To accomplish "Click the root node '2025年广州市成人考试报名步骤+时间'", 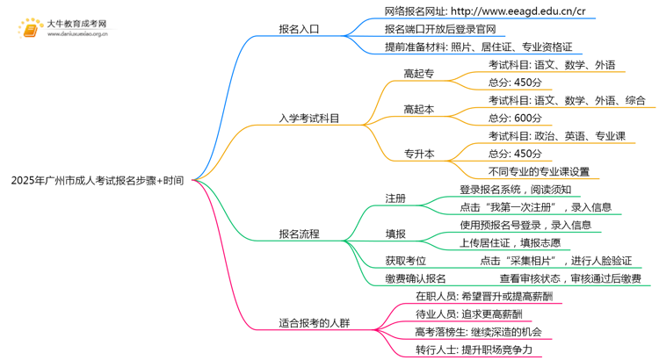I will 98,181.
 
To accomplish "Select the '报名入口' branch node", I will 299,29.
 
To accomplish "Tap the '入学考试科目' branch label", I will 308,117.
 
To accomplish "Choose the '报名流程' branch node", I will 299,234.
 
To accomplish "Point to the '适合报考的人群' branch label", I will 314,322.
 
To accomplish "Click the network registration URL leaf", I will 485,11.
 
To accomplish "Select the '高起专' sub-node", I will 418,74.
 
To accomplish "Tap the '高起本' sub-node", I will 418,109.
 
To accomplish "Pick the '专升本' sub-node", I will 418,154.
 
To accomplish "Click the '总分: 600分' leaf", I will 515,118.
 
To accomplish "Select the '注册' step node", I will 395,198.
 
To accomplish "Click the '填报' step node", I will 395,234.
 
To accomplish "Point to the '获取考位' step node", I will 405,261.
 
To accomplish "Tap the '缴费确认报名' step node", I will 415,278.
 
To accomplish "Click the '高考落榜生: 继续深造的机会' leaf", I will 479,332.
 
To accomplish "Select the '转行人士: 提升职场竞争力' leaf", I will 474,349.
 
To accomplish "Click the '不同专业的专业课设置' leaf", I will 539,171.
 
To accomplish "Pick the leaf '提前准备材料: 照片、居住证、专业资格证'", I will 482,47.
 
